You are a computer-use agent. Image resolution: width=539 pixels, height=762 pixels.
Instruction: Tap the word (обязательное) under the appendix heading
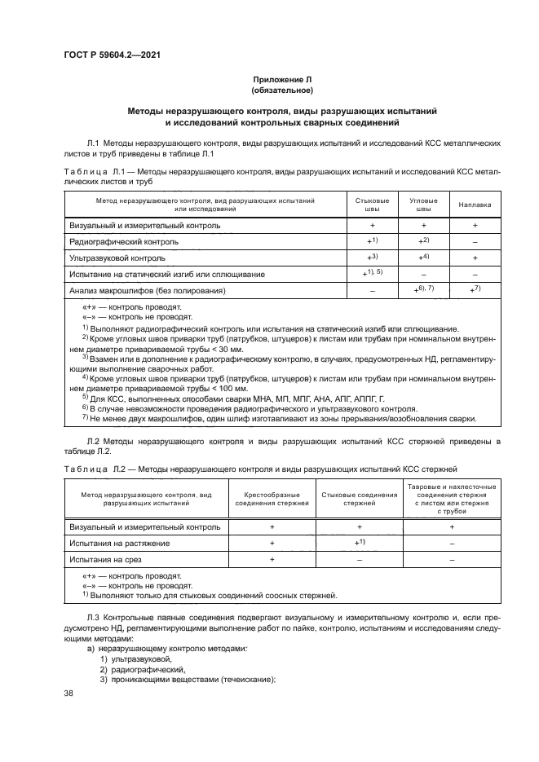pyautogui.click(x=282, y=91)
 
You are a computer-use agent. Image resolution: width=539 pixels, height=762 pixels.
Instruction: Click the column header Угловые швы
pyautogui.click(x=424, y=204)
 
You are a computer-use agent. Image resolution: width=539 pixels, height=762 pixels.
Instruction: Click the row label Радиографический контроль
pyautogui.click(x=124, y=242)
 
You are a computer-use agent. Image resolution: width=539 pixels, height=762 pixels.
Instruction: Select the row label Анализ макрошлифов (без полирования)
pyautogui.click(x=147, y=290)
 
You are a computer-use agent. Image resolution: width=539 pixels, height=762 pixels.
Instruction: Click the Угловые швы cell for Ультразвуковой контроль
pyautogui.click(x=424, y=257)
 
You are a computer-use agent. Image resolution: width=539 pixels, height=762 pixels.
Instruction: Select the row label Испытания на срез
pyautogui.click(x=104, y=559)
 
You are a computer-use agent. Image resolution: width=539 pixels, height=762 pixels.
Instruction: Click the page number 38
pyautogui.click(x=68, y=693)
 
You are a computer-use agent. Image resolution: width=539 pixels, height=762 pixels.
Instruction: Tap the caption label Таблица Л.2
pyautogui.click(x=92, y=469)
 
